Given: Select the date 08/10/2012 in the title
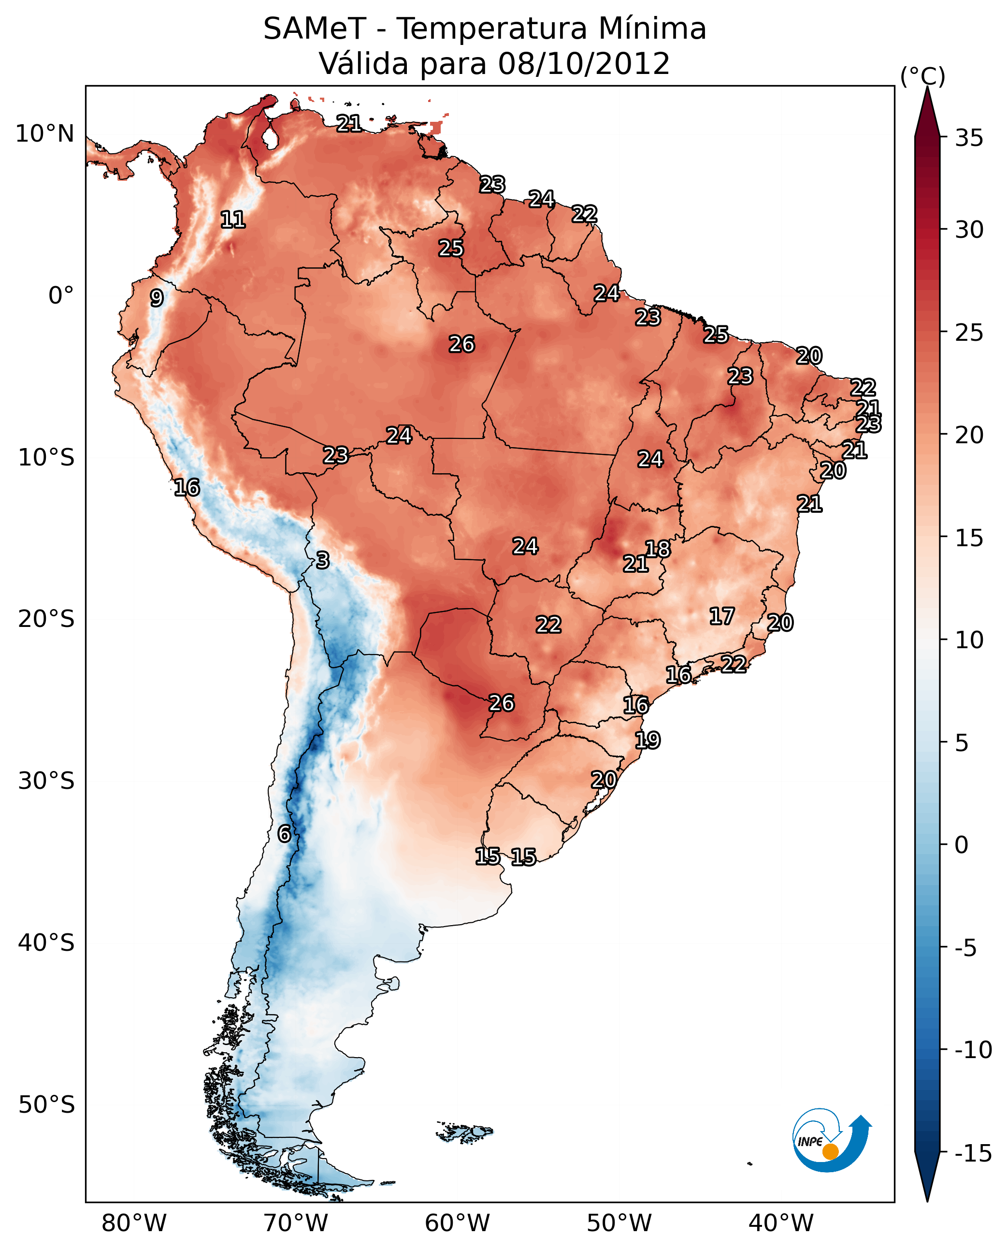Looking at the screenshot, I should pyautogui.click(x=584, y=64).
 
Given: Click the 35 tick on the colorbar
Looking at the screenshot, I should pyautogui.click(x=969, y=138).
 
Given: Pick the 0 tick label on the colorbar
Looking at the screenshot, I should pyautogui.click(x=962, y=845).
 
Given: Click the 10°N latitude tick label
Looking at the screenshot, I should pyautogui.click(x=45, y=134).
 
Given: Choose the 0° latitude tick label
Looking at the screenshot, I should pyautogui.click(x=61, y=296).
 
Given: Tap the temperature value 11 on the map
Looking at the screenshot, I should pyautogui.click(x=233, y=219).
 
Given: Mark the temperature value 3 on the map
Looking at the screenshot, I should pyautogui.click(x=323, y=561).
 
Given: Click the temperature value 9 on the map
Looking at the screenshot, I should pyautogui.click(x=157, y=298).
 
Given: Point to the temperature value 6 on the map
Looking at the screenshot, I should pyautogui.click(x=284, y=833).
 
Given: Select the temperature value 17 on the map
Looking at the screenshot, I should pyautogui.click(x=722, y=616).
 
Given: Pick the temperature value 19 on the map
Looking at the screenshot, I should pyautogui.click(x=648, y=740).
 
